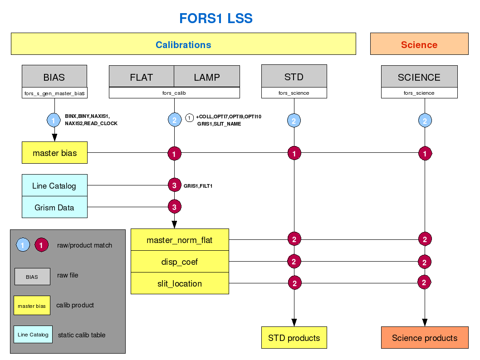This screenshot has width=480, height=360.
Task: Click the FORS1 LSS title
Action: [216, 19]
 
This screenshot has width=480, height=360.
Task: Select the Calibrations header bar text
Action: [183, 44]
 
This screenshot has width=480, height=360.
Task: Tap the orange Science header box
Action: [419, 44]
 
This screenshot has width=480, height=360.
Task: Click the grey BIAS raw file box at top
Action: [54, 77]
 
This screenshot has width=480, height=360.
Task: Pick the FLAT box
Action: [142, 77]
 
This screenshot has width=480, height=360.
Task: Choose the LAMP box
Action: [207, 77]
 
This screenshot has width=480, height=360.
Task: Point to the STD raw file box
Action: [294, 77]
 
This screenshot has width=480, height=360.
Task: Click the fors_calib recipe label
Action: [175, 93]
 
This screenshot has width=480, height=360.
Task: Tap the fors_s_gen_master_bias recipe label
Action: [54, 93]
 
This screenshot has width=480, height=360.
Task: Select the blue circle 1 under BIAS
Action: [54, 121]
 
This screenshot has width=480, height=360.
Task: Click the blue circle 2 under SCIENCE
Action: [425, 121]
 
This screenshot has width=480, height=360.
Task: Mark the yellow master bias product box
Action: [55, 153]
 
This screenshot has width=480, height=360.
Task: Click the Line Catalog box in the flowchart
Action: [54, 185]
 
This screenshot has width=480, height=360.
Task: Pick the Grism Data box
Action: [54, 207]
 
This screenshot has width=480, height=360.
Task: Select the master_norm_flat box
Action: [180, 240]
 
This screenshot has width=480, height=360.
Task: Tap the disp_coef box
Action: [180, 262]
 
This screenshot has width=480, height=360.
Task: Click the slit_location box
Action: [180, 283]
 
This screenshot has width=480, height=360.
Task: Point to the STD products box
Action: [294, 338]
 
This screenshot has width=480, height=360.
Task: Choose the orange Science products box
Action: [425, 338]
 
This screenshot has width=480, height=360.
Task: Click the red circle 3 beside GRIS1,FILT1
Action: [175, 185]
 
